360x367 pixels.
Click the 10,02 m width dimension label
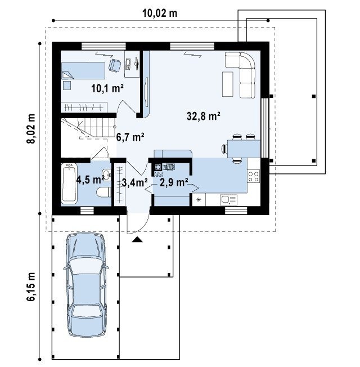(x=160, y=14)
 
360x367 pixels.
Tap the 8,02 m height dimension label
(x=31, y=128)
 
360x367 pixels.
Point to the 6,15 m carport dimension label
(x=31, y=287)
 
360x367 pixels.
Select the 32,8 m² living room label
(x=204, y=116)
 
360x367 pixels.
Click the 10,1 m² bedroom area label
(x=107, y=88)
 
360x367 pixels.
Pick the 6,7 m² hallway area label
(x=130, y=137)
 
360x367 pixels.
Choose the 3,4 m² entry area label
(x=135, y=183)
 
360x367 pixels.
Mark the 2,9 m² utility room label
(x=174, y=182)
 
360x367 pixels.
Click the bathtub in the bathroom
(x=69, y=183)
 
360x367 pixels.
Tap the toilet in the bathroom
(x=104, y=192)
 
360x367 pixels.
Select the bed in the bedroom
(x=83, y=70)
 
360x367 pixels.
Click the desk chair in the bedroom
(x=115, y=65)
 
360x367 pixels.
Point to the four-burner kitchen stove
(x=254, y=177)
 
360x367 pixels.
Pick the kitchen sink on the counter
(x=228, y=200)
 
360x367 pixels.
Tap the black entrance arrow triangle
(x=137, y=239)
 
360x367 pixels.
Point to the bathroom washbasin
(x=107, y=174)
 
